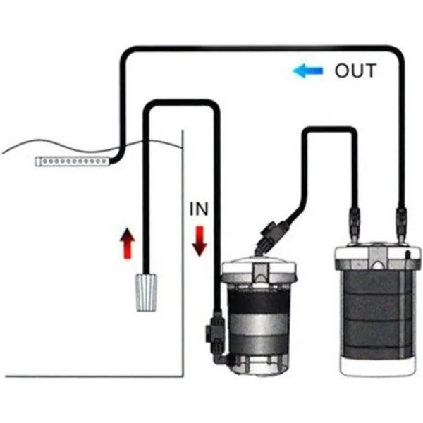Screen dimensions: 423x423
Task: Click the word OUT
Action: click(x=355, y=70)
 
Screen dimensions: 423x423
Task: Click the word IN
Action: click(x=199, y=209)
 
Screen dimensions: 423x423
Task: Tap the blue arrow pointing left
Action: click(x=307, y=70)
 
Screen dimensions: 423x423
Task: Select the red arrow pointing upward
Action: click(x=128, y=243)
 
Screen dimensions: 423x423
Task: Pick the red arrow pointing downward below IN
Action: click(x=200, y=241)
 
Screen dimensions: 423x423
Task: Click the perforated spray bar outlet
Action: click(x=73, y=161)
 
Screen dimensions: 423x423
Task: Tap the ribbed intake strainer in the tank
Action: click(x=147, y=293)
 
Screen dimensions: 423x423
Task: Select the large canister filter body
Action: click(x=378, y=310)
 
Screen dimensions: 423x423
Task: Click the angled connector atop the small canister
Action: click(x=271, y=236)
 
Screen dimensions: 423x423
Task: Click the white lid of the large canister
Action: click(x=378, y=257)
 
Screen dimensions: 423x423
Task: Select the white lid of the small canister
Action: click(x=259, y=271)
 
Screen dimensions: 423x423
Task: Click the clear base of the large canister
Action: click(x=378, y=365)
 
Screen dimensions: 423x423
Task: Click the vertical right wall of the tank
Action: click(x=183, y=254)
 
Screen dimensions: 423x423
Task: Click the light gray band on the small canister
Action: click(x=259, y=323)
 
